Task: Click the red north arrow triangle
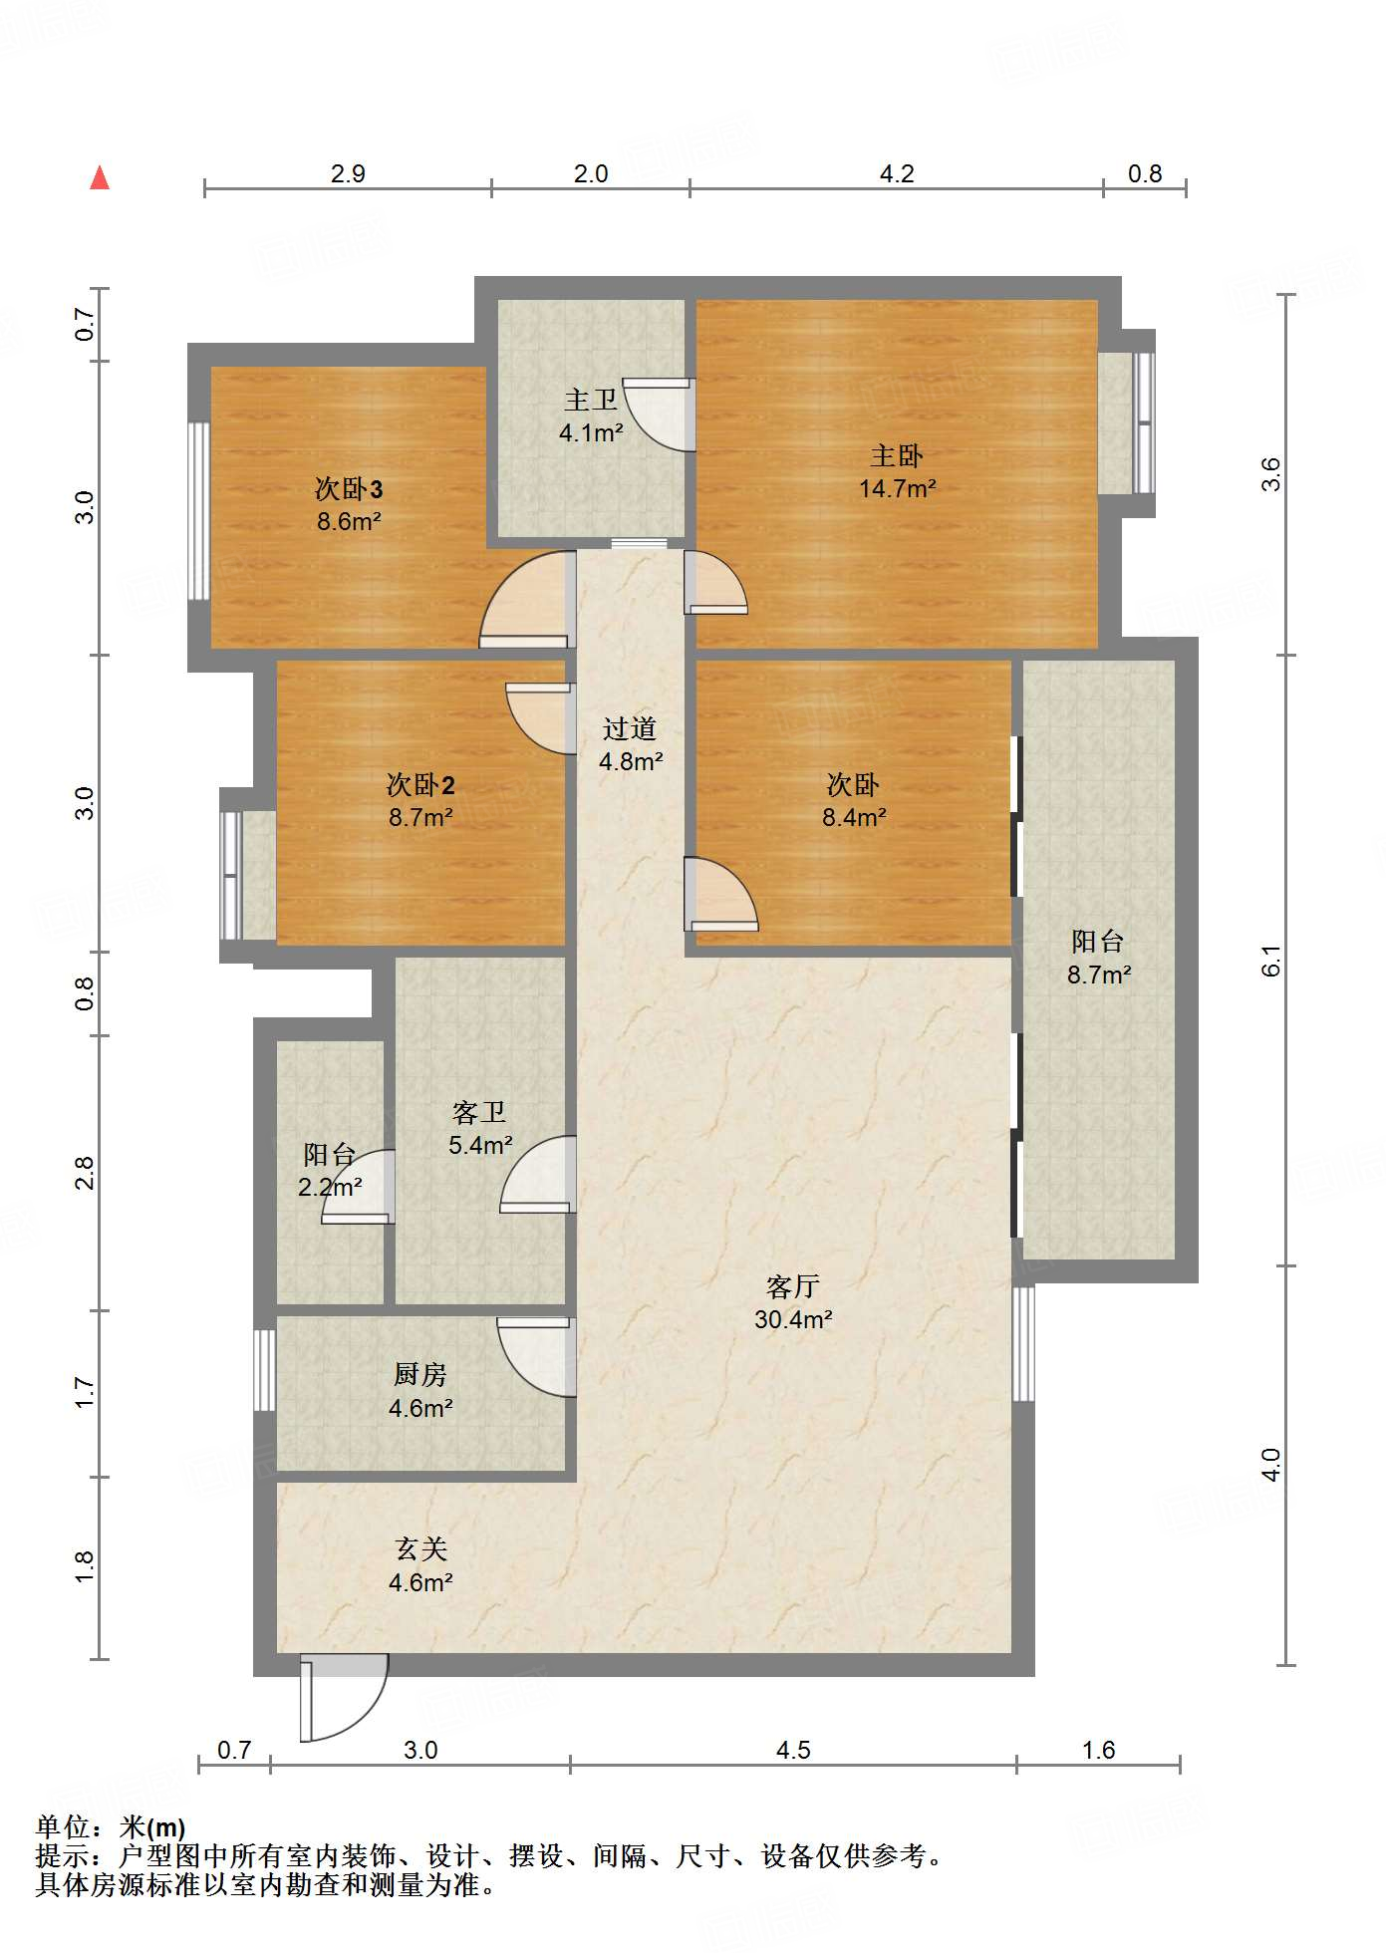click(100, 177)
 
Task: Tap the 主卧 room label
click(897, 456)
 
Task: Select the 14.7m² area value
click(897, 489)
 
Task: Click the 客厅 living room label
click(793, 1286)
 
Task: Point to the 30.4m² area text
click(793, 1319)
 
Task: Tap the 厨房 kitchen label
click(420, 1375)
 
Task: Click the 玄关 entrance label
click(420, 1549)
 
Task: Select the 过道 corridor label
click(630, 729)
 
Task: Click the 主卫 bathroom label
click(591, 401)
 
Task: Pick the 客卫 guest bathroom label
click(479, 1112)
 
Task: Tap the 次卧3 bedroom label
click(349, 488)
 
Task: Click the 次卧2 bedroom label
click(420, 785)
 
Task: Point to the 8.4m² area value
click(854, 818)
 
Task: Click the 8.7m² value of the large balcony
click(1099, 975)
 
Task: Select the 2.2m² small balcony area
click(330, 1188)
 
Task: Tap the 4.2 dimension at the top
click(897, 174)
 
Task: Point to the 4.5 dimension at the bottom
click(793, 1751)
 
